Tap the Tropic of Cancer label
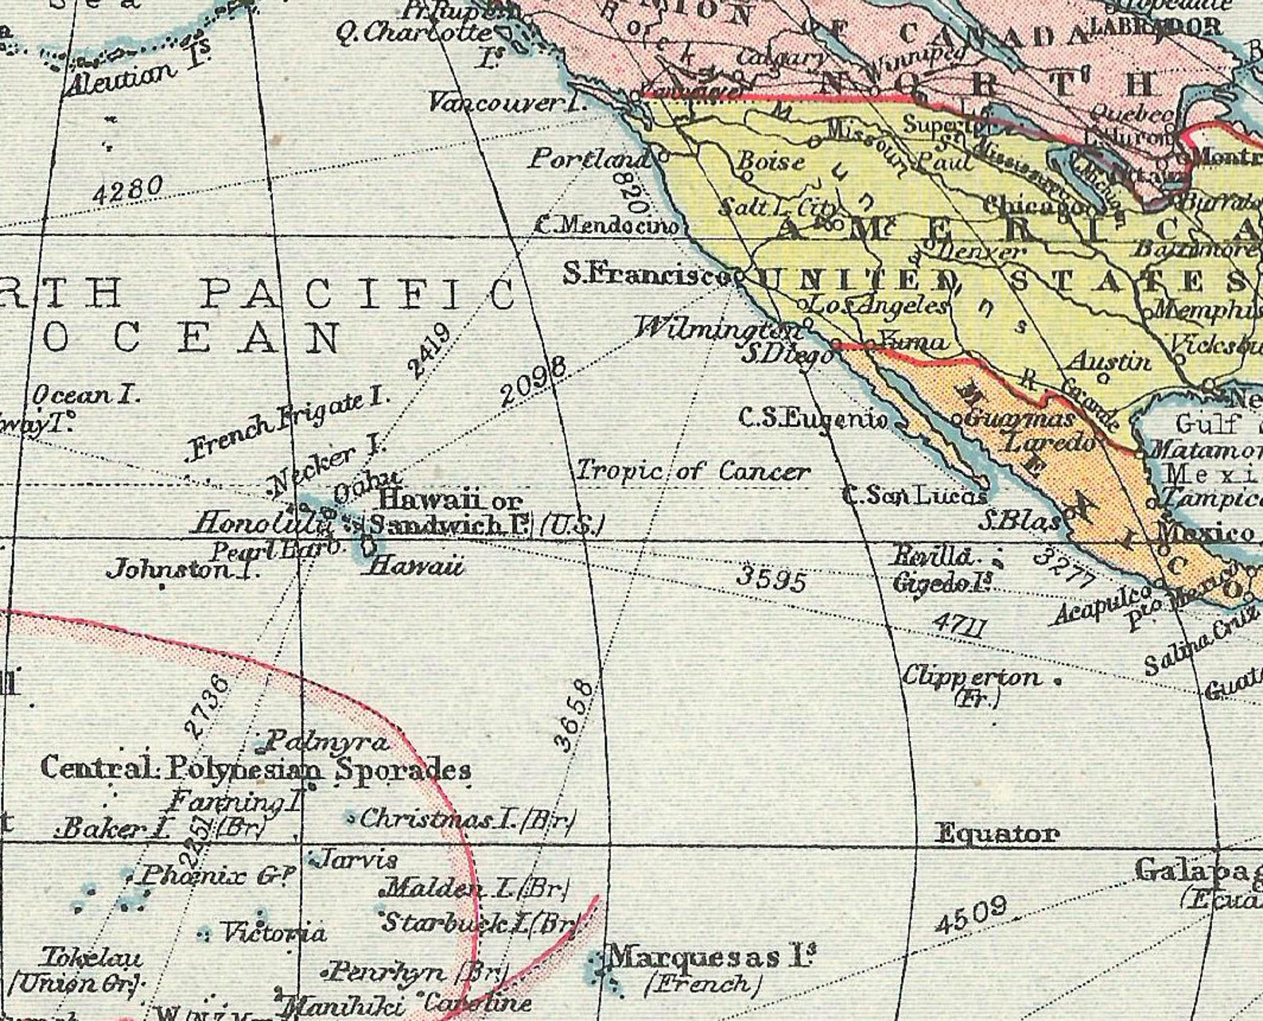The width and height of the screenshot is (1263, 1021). click(692, 471)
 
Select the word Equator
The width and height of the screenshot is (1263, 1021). click(997, 833)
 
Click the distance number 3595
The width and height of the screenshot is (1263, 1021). click(771, 579)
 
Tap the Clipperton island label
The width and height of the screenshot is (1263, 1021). click(970, 677)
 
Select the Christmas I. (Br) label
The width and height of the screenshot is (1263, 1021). click(468, 818)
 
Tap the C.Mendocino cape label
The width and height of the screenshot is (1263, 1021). click(608, 226)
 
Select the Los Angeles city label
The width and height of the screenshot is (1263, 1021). click(879, 305)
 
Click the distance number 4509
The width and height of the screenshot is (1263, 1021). click(970, 915)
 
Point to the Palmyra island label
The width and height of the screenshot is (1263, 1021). click(326, 743)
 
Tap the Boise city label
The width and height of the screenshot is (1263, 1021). click(771, 161)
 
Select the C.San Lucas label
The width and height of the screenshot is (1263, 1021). click(915, 496)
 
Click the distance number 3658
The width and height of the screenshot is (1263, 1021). click(573, 716)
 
